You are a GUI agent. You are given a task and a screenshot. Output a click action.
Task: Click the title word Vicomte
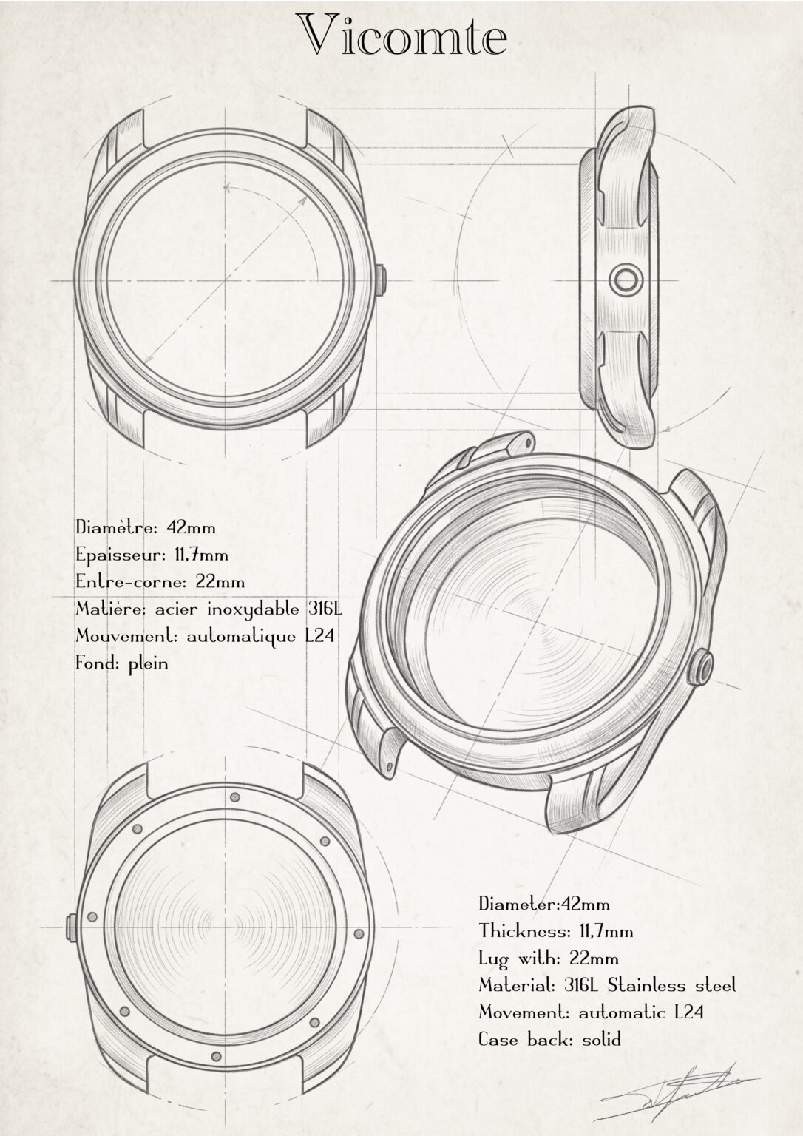402,35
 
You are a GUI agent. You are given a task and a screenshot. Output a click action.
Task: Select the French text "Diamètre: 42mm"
146,527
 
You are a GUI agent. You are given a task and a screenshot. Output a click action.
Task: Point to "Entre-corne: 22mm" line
160,581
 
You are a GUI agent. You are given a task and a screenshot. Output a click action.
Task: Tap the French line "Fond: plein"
122,663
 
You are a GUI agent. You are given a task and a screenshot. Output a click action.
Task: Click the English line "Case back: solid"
550,1040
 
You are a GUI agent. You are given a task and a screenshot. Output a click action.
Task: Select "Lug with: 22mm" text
549,958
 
